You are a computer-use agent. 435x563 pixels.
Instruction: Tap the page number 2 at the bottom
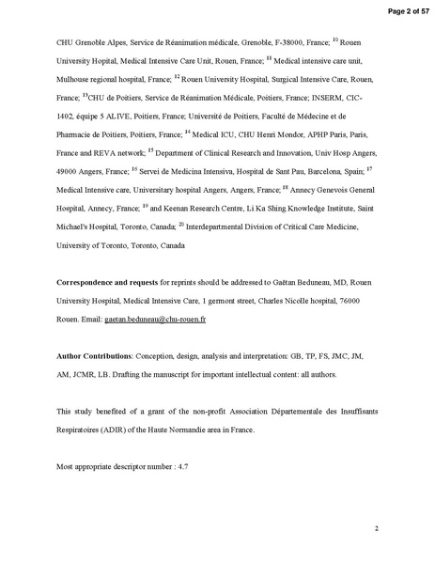pyautogui.click(x=376, y=528)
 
